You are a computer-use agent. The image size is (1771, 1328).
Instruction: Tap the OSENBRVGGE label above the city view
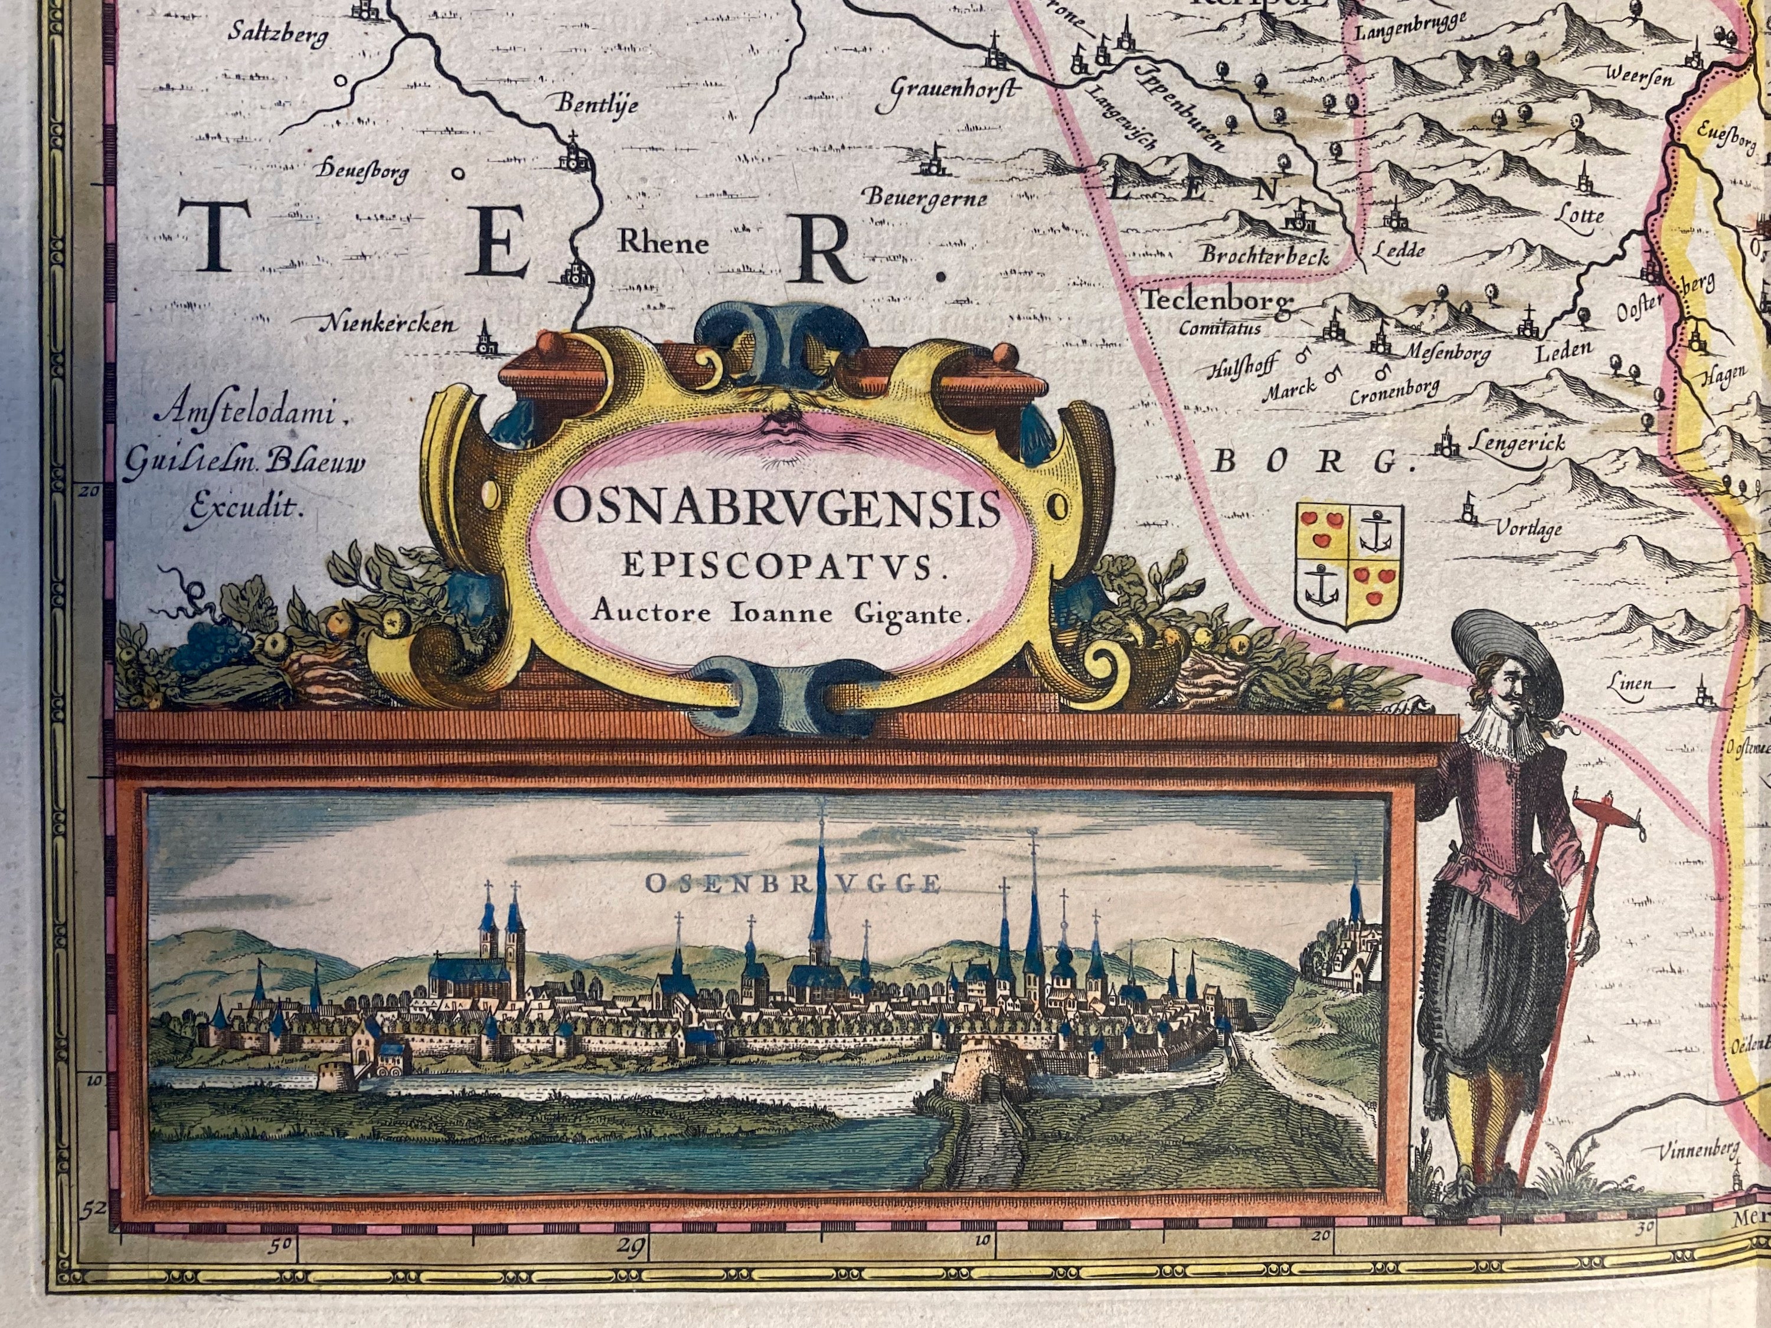[x=792, y=884]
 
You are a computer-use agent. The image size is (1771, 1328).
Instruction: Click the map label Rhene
[x=663, y=243]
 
